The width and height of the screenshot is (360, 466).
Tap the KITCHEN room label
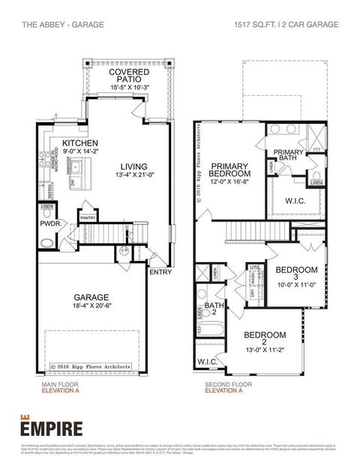click(81, 143)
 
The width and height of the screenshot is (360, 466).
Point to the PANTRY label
click(88, 218)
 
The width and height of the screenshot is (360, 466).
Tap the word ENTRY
click(160, 272)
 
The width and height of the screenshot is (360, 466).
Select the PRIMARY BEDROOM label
click(229, 170)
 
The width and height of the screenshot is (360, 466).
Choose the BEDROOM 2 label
click(265, 334)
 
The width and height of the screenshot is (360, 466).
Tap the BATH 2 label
click(214, 309)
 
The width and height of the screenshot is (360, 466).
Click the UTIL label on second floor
click(255, 267)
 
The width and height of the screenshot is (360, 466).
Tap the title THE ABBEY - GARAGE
click(52, 25)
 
